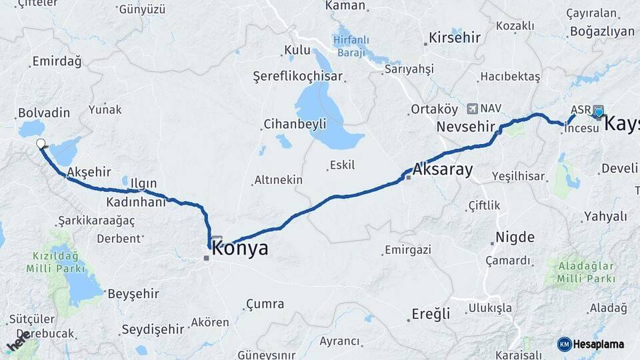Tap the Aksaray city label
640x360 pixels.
[443, 169]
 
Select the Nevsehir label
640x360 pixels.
[466, 127]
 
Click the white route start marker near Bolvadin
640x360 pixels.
[41, 143]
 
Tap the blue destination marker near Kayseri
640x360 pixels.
[599, 112]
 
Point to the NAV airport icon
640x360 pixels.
[473, 108]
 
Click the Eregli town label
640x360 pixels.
[430, 313]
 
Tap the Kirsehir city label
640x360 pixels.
[455, 37]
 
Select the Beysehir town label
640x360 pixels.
[133, 293]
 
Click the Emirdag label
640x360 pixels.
[56, 62]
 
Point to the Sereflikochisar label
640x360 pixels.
[297, 76]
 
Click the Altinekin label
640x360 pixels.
[278, 180]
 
